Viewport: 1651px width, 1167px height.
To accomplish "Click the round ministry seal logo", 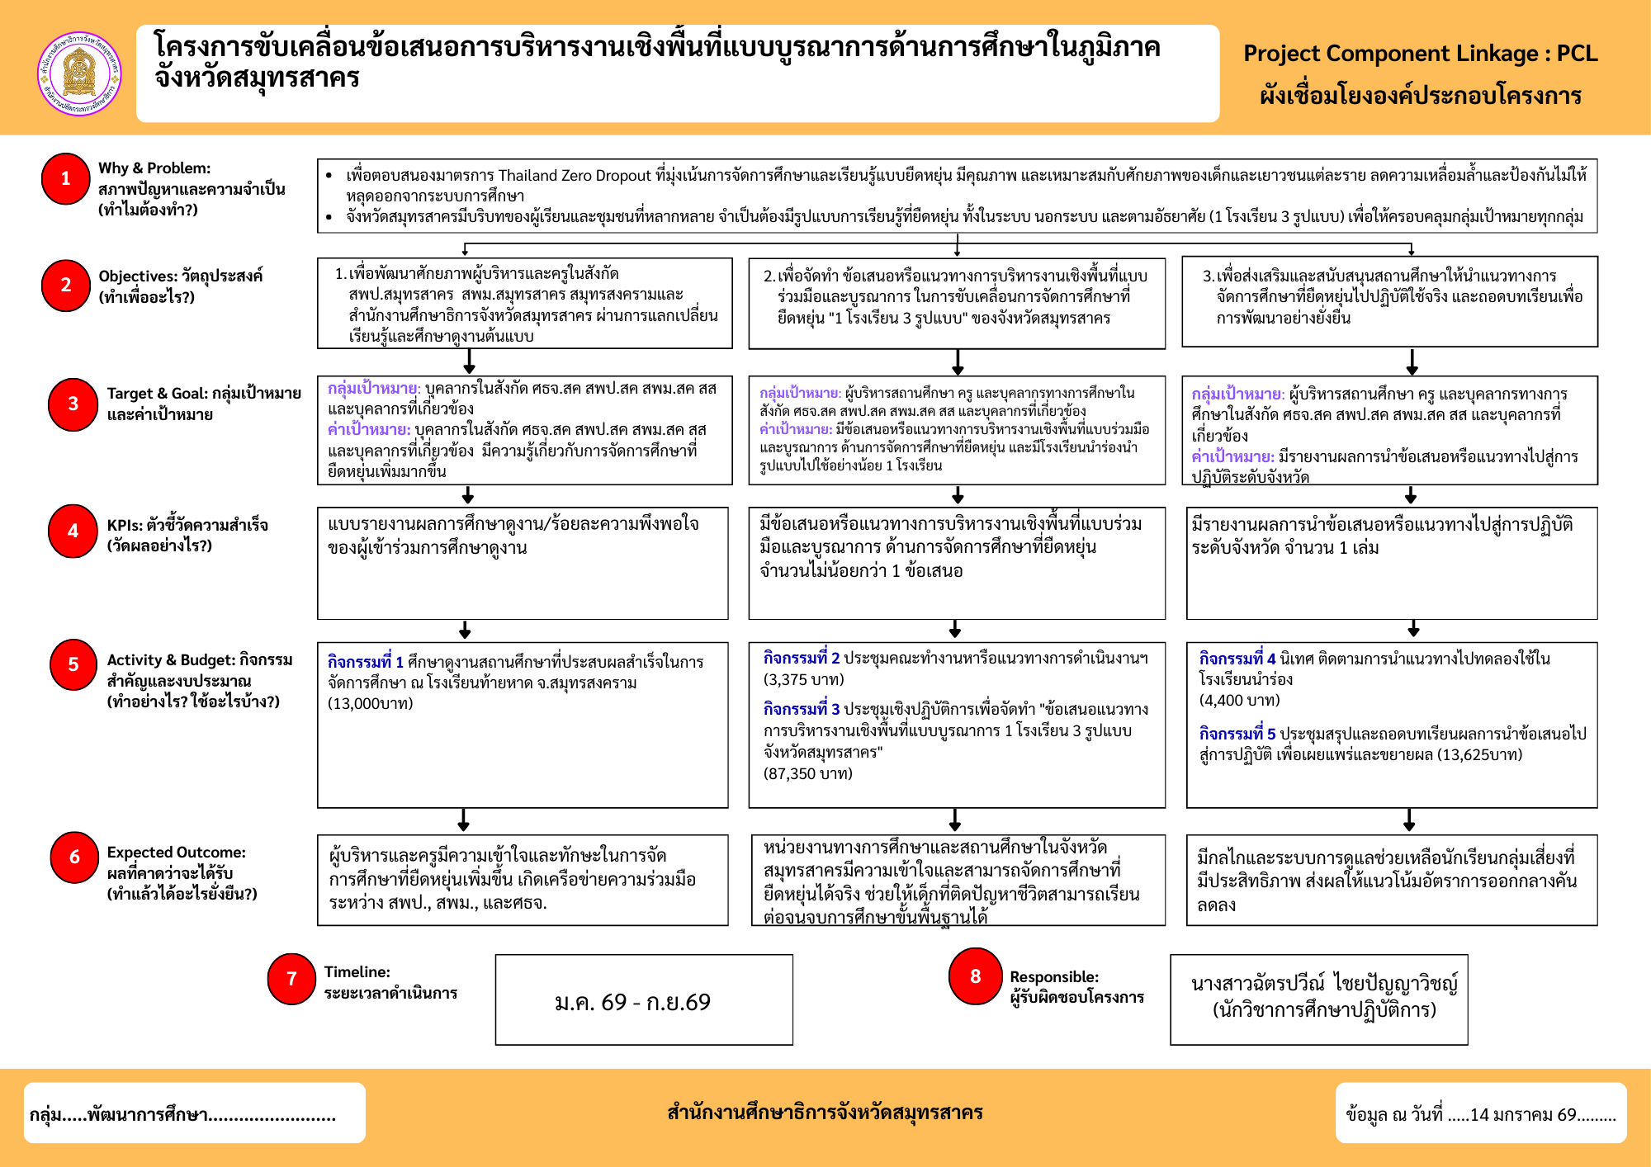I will click(79, 73).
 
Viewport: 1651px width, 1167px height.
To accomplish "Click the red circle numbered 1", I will click(66, 178).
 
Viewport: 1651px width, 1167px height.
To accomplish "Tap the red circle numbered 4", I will click(73, 532).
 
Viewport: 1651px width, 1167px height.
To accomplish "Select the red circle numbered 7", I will click(291, 979).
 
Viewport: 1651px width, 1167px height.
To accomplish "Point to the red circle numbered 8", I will click(975, 976).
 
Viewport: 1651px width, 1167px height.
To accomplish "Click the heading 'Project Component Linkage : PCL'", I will click(1420, 54).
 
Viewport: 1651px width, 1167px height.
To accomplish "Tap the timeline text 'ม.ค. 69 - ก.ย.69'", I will click(632, 1002).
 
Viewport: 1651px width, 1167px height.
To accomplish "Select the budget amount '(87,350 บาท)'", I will click(807, 773).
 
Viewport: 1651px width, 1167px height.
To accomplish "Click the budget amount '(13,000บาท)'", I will click(370, 703).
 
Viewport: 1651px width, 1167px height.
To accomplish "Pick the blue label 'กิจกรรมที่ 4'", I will click(1237, 659).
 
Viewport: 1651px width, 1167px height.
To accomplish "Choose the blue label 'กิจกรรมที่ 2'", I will click(801, 658).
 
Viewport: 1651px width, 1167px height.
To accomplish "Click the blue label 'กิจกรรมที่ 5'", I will click(1237, 734).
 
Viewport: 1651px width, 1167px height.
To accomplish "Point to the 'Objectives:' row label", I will click(138, 276).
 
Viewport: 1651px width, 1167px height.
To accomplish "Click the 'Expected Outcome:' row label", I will click(176, 853).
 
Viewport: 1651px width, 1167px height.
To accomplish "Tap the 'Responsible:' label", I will click(1054, 977).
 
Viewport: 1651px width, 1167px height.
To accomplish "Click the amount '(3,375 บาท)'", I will click(803, 679).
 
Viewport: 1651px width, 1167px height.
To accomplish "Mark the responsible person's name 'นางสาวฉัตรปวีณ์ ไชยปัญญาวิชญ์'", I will click(1324, 983).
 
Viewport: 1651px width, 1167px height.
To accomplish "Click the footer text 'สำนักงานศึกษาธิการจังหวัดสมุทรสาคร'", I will click(825, 1113).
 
